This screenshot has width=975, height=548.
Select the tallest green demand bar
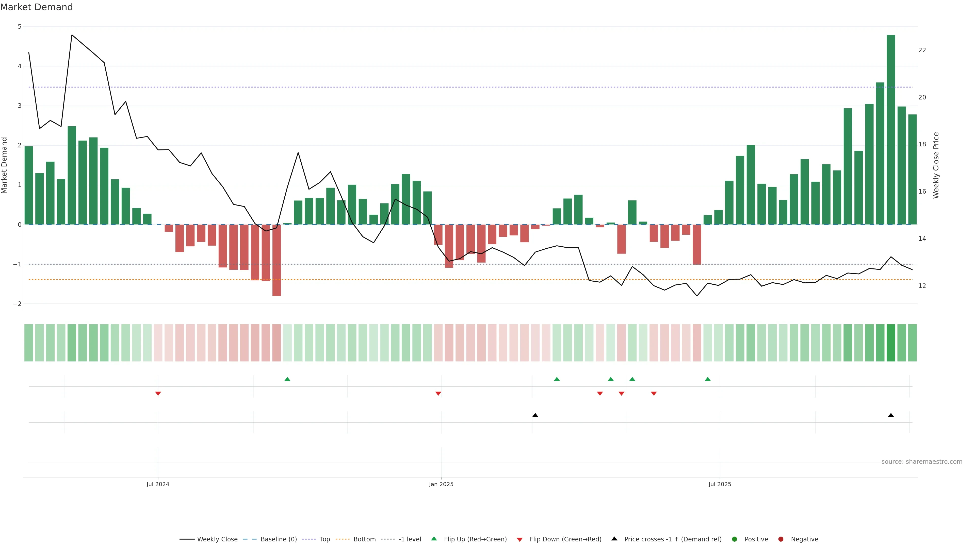coord(891,129)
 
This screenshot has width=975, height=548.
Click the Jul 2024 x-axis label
coord(158,484)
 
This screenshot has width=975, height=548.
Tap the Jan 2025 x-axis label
coord(441,484)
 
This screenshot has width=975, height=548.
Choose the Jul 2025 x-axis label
coord(720,484)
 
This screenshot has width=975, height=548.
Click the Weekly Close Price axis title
coord(936,165)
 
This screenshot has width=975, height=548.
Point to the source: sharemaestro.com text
coord(922,462)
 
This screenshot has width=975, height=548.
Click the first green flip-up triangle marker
coord(287,379)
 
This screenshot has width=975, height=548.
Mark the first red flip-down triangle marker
coord(158,394)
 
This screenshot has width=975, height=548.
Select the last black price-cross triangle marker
coord(891,415)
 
